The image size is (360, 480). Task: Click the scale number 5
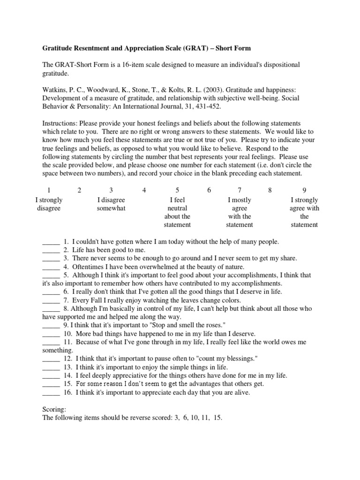177,190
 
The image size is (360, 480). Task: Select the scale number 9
304,190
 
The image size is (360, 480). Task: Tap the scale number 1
48,190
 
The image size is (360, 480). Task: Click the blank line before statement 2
51,250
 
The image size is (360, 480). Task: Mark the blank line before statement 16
51,393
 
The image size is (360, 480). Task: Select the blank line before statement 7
51,300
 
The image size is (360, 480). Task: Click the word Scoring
55,409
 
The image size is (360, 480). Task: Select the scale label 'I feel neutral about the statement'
177,212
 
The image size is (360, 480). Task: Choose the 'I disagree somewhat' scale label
111,204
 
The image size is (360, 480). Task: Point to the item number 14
67,376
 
